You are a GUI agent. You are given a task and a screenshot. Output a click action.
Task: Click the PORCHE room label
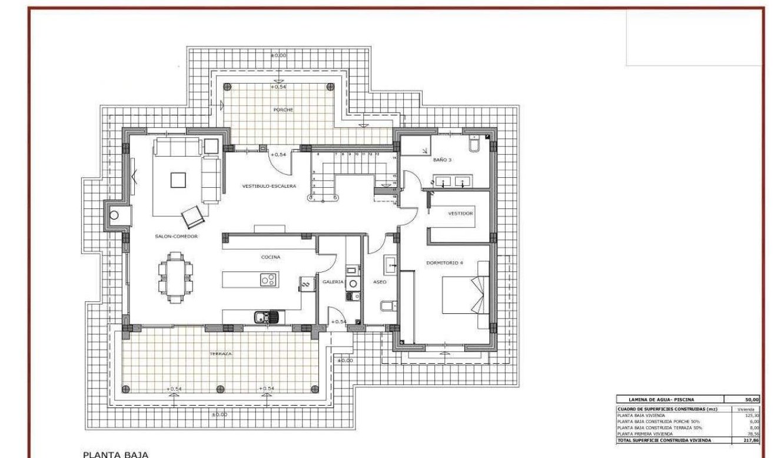click(283, 110)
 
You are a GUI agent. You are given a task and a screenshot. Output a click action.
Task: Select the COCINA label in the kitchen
click(271, 257)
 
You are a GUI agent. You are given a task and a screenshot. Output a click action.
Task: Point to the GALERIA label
click(333, 282)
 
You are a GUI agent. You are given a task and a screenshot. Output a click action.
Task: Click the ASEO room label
click(380, 282)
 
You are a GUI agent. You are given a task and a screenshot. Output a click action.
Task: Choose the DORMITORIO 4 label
click(444, 263)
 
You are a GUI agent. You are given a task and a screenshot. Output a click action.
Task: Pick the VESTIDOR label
click(460, 214)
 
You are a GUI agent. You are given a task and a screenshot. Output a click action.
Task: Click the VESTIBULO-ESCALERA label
click(269, 186)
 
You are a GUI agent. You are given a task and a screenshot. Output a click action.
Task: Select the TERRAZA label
click(220, 354)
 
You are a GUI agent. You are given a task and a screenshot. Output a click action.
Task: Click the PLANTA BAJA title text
click(115, 454)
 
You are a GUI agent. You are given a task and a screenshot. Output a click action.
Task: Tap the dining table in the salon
click(175, 277)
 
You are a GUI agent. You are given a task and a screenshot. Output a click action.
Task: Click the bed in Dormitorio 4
click(465, 295)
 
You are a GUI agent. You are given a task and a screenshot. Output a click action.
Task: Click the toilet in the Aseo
click(388, 306)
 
